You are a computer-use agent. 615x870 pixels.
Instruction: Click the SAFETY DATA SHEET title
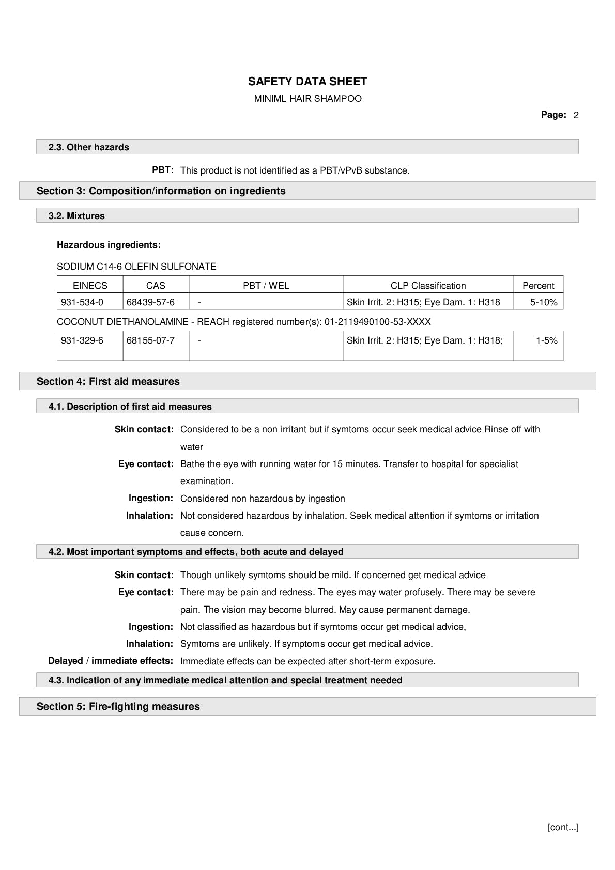point(307,81)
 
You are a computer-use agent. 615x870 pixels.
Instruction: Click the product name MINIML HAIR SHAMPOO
point(308,99)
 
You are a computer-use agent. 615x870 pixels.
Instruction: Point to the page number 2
point(576,115)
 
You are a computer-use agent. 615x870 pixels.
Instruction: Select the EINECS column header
point(90,286)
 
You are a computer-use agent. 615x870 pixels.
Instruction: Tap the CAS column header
point(156,286)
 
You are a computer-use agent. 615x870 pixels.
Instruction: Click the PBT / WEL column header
point(266,286)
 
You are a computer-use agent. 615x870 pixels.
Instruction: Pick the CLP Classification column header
point(428,286)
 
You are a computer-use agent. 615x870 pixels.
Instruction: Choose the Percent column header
point(538,286)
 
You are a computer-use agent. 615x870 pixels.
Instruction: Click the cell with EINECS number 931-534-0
point(82,302)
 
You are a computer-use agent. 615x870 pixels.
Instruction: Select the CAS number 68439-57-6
point(150,302)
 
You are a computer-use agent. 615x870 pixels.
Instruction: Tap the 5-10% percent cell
point(544,302)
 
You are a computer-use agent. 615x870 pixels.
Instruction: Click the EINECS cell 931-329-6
point(82,340)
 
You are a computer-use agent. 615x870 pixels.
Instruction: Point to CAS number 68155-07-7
point(150,340)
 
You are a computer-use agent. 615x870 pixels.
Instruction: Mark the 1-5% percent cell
point(546,340)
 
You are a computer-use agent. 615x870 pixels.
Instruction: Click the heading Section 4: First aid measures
point(108,381)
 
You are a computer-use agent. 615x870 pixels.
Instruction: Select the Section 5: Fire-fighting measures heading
point(118,706)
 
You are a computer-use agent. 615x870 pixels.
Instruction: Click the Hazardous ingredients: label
point(109,245)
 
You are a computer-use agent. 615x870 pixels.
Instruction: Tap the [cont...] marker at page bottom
point(563,827)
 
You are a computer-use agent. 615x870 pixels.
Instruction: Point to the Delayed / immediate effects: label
point(111,661)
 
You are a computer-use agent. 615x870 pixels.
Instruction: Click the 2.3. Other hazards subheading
point(88,147)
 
